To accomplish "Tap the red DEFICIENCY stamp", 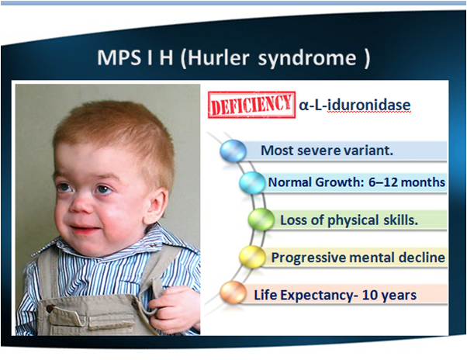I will [x=251, y=104].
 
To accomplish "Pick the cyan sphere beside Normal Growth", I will [x=251, y=183].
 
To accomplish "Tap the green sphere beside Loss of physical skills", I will [x=261, y=220].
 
